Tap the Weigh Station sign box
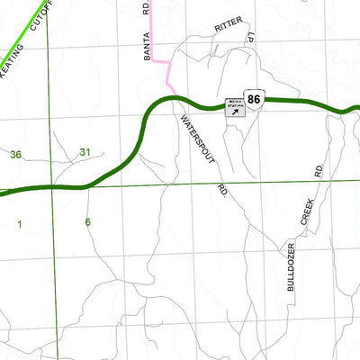[x=236, y=109]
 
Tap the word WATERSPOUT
[x=198, y=139]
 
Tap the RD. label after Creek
[x=318, y=169]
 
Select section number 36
[x=15, y=155]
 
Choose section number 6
[x=87, y=221]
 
